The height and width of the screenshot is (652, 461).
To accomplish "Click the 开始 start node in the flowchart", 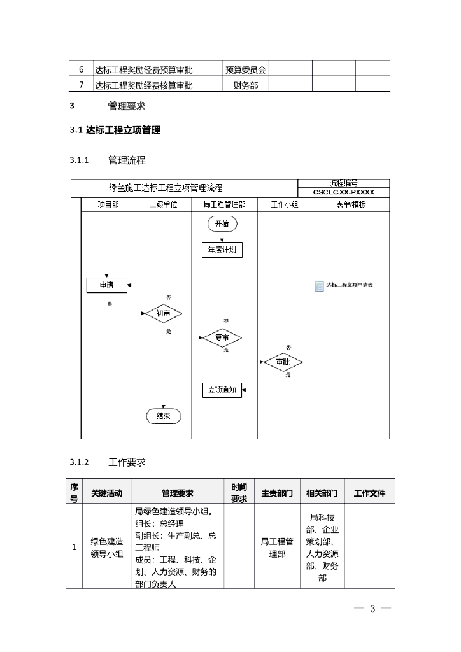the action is point(222,223).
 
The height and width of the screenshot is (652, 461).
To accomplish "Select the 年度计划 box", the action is point(222,250).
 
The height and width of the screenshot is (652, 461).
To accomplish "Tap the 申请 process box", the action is point(106,286).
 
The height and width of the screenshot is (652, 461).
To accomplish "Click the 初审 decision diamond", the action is point(164,314).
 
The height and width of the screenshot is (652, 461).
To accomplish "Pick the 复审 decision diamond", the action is point(221,338).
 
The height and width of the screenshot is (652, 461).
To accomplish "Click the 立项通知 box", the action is point(222,390).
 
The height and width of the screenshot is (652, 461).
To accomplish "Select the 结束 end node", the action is point(164,416).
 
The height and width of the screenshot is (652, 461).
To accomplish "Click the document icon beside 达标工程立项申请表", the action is point(319,286).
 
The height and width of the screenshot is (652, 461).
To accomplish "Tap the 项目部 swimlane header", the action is point(108,205).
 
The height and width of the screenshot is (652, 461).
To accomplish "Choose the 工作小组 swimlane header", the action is point(284,205).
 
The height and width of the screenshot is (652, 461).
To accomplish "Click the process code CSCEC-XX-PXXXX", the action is point(343,192).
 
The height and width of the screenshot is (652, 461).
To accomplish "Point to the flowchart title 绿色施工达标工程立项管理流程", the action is point(166,187).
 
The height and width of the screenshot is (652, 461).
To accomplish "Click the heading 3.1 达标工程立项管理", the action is point(115,131).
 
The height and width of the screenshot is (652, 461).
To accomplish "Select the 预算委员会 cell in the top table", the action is point(245,69).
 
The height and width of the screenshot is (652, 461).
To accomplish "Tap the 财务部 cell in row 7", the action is point(245,85).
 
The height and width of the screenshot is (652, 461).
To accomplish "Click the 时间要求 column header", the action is point(239,493).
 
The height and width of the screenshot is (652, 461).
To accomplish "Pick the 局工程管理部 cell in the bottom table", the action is point(277,548).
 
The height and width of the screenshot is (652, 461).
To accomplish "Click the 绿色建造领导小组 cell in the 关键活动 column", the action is point(106,548).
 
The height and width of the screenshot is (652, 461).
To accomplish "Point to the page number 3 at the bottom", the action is point(372,609).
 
